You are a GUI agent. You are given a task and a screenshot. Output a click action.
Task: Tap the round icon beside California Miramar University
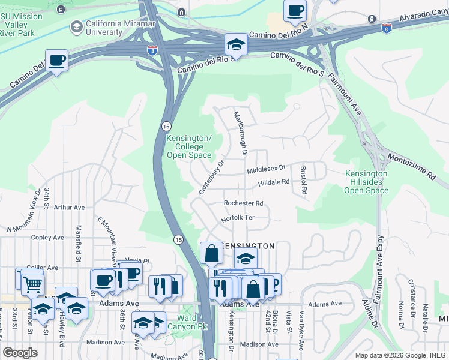[x=76, y=27]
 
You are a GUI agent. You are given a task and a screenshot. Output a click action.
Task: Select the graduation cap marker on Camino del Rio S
[x=236, y=44]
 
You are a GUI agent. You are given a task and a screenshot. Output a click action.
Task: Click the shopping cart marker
[x=33, y=284]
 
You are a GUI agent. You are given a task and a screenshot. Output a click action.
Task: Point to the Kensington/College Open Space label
[x=189, y=147]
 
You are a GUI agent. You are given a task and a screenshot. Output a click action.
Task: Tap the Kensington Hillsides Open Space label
[x=366, y=182]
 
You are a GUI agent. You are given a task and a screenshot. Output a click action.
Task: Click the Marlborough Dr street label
[x=241, y=133]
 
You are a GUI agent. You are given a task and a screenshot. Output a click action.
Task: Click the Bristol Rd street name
[x=304, y=180]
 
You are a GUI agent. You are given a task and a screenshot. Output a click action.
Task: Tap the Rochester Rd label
[x=244, y=203]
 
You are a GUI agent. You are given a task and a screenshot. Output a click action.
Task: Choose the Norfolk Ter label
[x=238, y=218]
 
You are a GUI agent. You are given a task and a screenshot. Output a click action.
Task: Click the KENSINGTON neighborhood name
[x=248, y=246]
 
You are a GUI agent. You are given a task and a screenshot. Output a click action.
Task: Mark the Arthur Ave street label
[x=70, y=208]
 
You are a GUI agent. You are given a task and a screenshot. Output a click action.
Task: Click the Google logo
[x=20, y=353]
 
